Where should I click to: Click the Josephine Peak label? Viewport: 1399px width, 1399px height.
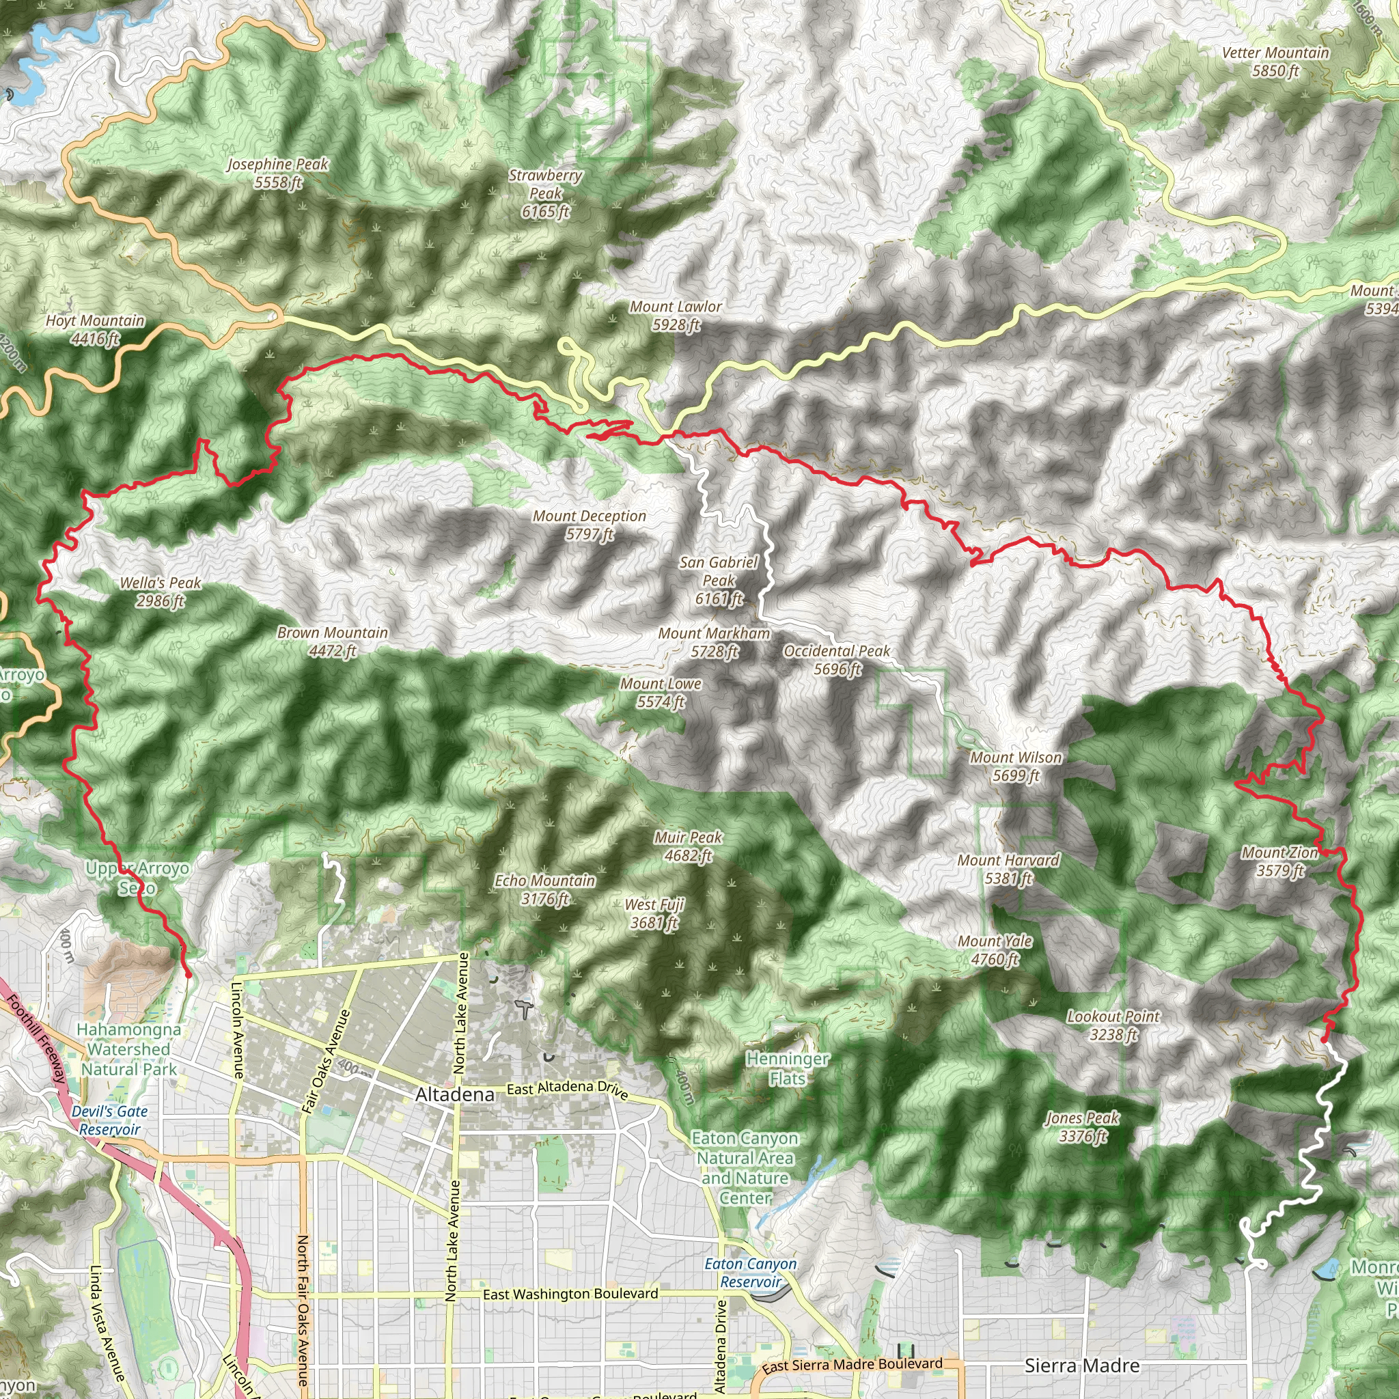click(x=278, y=173)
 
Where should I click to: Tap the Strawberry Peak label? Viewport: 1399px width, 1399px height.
click(x=545, y=193)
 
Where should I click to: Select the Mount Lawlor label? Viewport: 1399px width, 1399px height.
click(x=675, y=316)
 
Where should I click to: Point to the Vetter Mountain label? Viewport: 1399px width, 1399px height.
click(x=1275, y=61)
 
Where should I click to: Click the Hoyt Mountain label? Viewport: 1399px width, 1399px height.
click(x=95, y=329)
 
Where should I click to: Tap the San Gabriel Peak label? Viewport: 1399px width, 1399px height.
click(x=719, y=580)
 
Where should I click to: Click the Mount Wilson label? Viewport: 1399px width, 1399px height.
click(x=1016, y=766)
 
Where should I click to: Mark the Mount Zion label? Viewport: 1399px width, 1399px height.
click(x=1279, y=861)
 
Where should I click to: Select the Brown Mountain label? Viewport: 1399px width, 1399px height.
click(x=333, y=641)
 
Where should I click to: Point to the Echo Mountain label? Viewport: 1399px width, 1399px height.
click(x=544, y=889)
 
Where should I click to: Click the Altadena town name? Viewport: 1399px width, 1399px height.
click(x=455, y=1094)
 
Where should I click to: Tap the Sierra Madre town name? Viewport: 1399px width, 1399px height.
click(x=1082, y=1366)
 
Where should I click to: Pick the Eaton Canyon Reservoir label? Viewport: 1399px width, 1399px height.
click(x=751, y=1272)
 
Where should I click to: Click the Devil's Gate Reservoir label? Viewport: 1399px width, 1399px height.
click(x=110, y=1120)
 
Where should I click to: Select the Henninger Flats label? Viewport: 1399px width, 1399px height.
click(x=787, y=1068)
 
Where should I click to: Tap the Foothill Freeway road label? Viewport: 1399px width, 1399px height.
click(x=36, y=1038)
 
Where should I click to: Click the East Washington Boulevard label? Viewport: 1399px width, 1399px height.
click(x=570, y=1294)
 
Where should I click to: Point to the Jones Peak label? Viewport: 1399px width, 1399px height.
click(x=1083, y=1126)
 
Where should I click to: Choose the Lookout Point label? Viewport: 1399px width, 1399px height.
click(x=1113, y=1025)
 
